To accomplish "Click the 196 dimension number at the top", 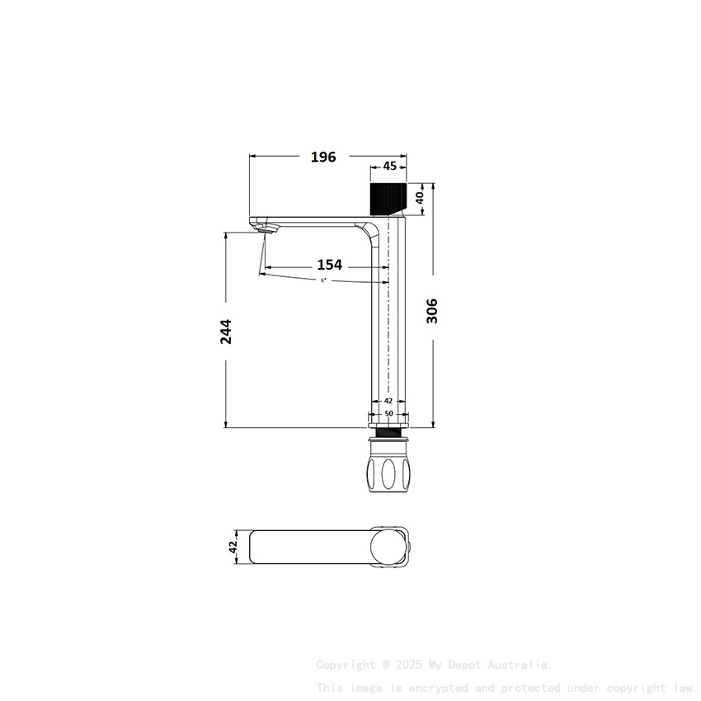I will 323,157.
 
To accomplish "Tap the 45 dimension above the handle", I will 389,166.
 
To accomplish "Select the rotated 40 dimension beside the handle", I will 419,198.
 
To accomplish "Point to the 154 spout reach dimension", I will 329,265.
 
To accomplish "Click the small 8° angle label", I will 323,281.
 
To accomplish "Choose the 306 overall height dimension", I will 432,311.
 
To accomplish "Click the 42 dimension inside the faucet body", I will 388,401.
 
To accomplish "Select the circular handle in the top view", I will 388,547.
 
